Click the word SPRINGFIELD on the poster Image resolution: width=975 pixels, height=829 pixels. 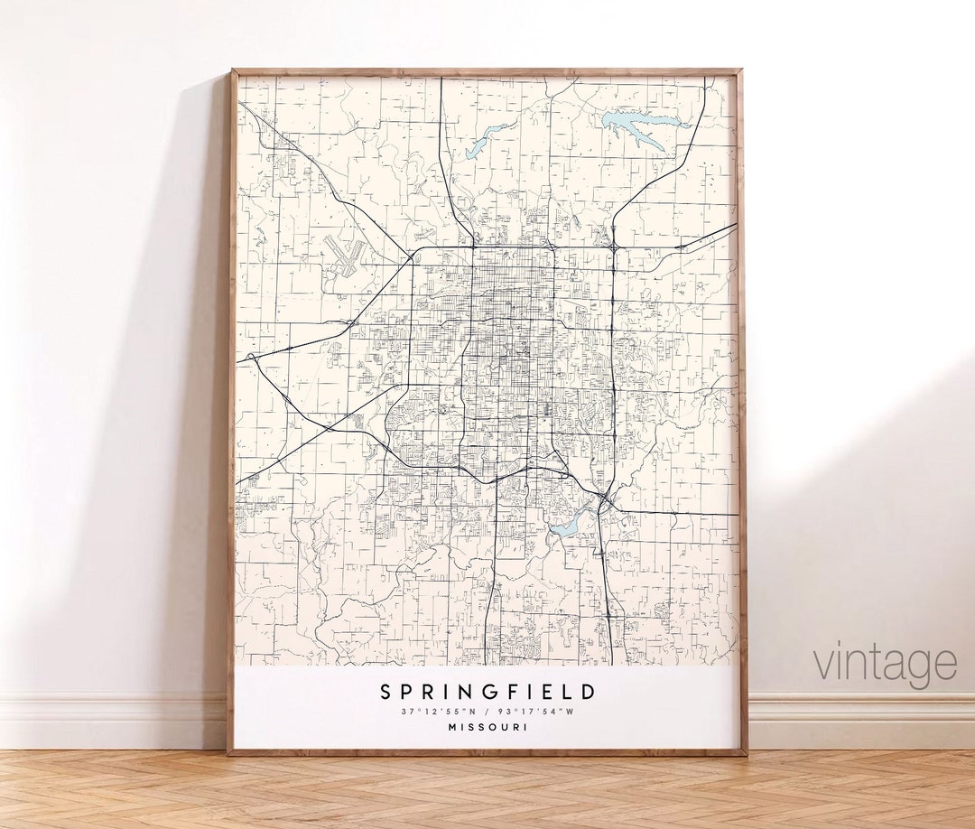[487, 693]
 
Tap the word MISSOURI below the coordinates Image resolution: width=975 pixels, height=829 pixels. [487, 728]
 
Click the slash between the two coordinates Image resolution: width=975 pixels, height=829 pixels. [487, 713]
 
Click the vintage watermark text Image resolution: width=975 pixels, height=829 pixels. [885, 664]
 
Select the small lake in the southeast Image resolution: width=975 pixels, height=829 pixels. [566, 526]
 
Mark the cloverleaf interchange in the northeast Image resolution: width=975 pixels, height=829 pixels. [614, 247]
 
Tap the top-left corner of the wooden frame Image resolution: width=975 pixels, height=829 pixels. [232, 71]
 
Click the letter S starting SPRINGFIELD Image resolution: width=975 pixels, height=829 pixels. [385, 693]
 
